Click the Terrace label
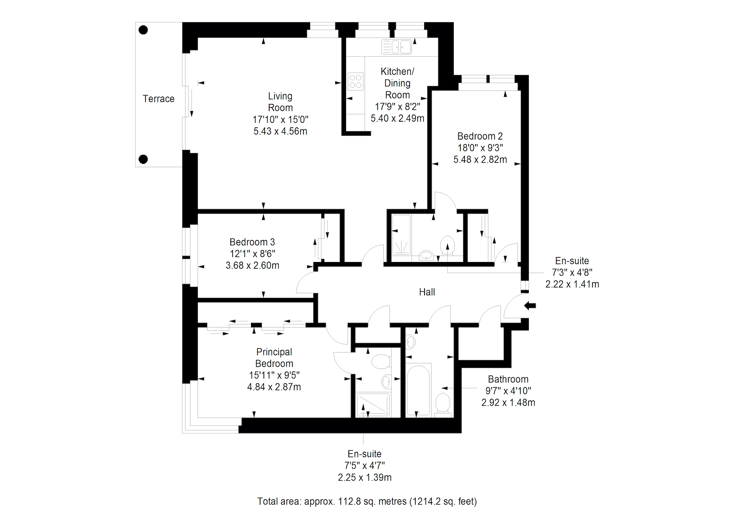tap(158, 99)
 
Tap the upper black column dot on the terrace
tap(143, 30)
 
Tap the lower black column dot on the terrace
tap(143, 159)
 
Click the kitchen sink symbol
tap(397, 47)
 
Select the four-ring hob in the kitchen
tap(356, 81)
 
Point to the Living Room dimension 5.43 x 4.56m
tap(281, 131)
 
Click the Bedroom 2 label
tap(480, 136)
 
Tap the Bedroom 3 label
tap(252, 242)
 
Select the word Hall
tap(427, 292)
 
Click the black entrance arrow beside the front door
tap(530, 305)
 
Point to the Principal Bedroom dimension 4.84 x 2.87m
tap(274, 387)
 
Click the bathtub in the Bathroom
tap(418, 390)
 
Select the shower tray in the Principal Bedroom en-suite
tap(373, 405)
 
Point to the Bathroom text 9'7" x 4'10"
tap(508, 391)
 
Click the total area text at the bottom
tap(367, 502)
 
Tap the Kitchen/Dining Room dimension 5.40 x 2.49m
tap(397, 119)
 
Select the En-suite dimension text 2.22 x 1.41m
tap(572, 284)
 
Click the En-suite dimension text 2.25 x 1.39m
tap(365, 478)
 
